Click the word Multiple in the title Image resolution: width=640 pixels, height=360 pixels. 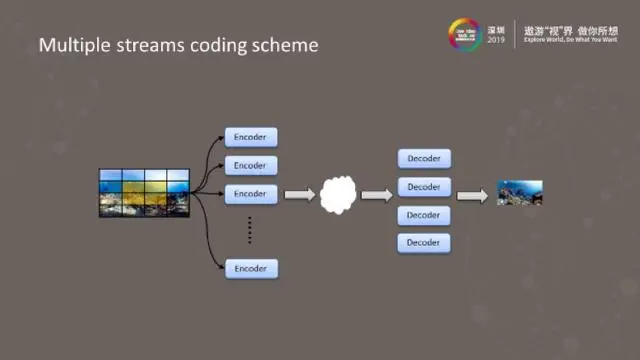[70, 45]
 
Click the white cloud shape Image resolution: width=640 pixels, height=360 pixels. [339, 194]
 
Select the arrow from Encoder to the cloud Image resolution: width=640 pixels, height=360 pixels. [299, 194]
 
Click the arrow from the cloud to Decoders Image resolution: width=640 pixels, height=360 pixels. [376, 194]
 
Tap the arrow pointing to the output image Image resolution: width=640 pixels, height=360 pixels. [473, 194]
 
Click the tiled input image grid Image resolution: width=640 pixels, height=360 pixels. [144, 193]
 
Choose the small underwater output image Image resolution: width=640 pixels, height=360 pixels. [520, 192]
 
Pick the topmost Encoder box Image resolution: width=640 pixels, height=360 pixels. [250, 136]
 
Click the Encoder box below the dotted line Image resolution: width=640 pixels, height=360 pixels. [250, 268]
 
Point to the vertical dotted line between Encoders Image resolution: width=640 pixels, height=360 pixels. [250, 230]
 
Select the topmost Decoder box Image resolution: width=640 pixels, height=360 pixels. [424, 158]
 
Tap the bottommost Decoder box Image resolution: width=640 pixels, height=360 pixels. [424, 243]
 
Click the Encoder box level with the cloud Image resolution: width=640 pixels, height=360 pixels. [250, 193]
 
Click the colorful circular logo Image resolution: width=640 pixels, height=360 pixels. [465, 34]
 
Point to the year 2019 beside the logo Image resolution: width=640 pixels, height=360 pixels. [497, 41]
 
